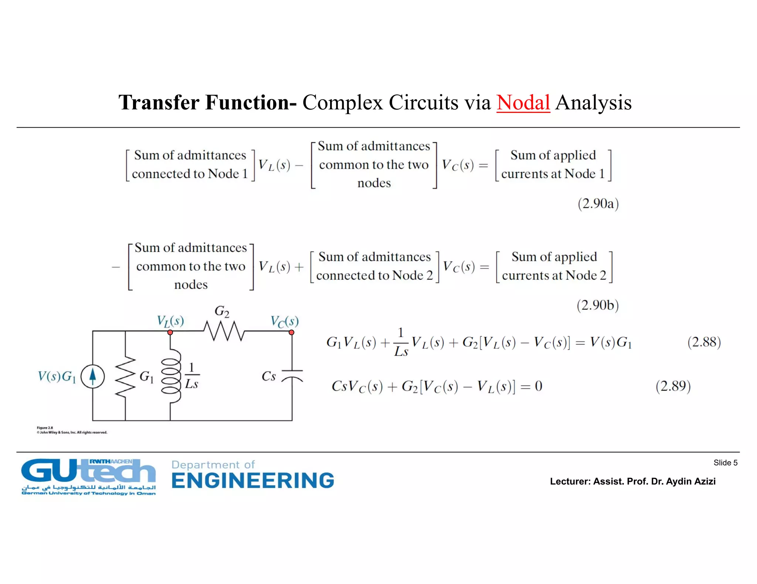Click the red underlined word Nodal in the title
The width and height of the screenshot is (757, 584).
pos(523,103)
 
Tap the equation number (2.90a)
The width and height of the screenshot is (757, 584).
pos(598,204)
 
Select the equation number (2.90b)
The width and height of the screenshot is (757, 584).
pos(598,305)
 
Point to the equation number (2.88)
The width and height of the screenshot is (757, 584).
pos(704,342)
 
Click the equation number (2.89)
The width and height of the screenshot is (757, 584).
pos(673,386)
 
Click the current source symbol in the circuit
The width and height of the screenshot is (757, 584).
pos(93,376)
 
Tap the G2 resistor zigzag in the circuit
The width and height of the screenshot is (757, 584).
pos(224,331)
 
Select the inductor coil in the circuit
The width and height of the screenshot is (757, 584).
pos(171,376)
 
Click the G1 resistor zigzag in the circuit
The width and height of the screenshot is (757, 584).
pos(126,376)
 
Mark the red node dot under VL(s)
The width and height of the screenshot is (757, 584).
pos(170,333)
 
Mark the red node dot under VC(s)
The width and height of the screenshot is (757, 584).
pos(292,333)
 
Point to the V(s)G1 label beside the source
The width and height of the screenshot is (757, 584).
pos(57,377)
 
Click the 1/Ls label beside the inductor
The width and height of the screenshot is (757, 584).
pos(191,376)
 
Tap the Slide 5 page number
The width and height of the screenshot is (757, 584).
pos(725,463)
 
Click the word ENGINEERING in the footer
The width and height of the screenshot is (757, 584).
pos(253,481)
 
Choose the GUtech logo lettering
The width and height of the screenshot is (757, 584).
pos(88,472)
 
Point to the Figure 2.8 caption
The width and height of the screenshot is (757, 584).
pos(45,428)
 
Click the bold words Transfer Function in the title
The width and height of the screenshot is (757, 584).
pos(207,103)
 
